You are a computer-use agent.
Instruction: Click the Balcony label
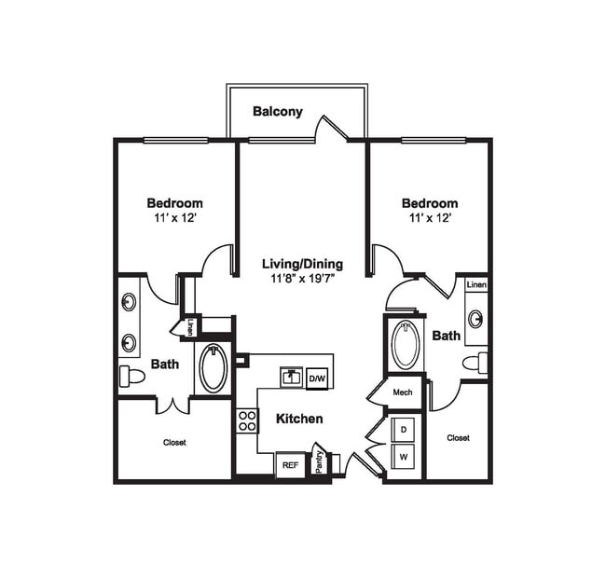[x=278, y=112]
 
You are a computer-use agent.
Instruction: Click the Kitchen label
[x=299, y=419]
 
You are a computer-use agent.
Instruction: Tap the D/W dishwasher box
[x=317, y=378]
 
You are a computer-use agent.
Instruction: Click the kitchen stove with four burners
[x=247, y=420]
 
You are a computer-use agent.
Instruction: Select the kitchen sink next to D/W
[x=292, y=377]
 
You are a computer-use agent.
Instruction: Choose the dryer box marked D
[x=405, y=431]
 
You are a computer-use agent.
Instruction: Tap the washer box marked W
[x=405, y=458]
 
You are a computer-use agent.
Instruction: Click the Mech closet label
[x=403, y=392]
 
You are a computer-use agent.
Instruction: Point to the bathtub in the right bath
[x=406, y=346]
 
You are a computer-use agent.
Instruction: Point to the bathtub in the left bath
[x=213, y=368]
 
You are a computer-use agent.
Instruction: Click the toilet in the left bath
[x=131, y=377]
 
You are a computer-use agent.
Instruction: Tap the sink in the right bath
[x=475, y=319]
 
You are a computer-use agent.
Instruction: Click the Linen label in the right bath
[x=476, y=284]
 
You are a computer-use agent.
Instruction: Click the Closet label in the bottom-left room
[x=174, y=442]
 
